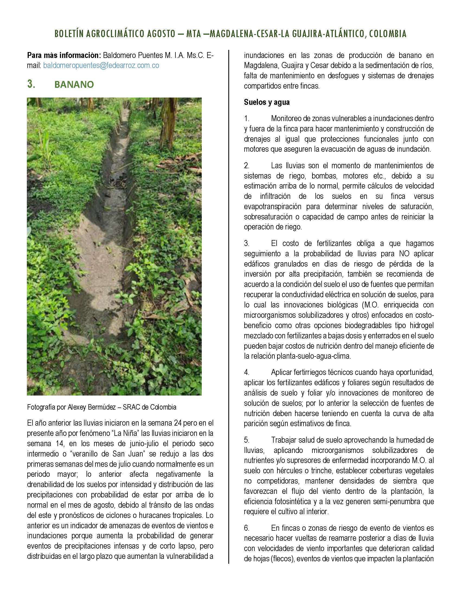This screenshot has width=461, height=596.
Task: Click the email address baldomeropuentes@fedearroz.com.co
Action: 101,66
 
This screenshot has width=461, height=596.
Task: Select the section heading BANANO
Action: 74,85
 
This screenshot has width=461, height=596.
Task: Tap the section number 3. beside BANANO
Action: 31,85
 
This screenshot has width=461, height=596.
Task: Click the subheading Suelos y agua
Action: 267,102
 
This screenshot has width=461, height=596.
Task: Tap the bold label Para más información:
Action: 64,55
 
